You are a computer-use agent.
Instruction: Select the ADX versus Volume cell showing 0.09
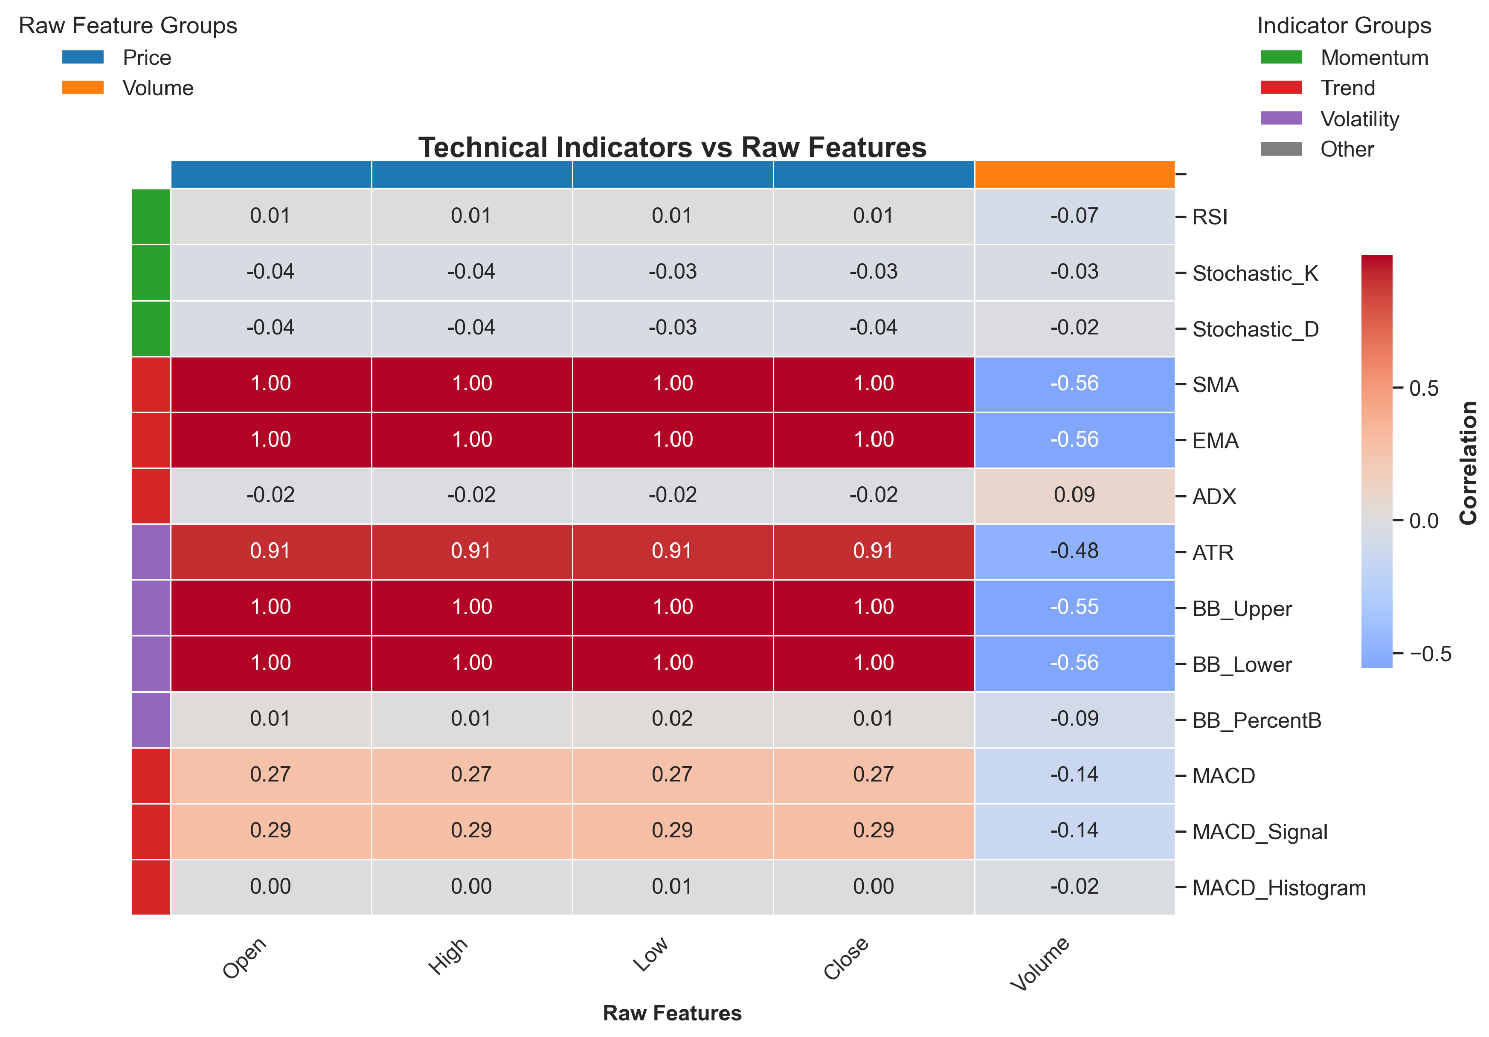(1074, 496)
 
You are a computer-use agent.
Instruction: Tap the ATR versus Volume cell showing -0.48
(1074, 551)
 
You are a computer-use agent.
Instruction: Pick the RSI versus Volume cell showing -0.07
(1074, 216)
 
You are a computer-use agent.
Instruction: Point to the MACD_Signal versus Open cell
(270, 831)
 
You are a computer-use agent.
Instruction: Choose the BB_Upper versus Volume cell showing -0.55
(1074, 607)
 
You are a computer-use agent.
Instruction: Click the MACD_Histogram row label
(1278, 887)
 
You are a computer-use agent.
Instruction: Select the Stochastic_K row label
(1255, 273)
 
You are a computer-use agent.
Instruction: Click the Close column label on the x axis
(846, 958)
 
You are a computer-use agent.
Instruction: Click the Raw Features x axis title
(672, 1013)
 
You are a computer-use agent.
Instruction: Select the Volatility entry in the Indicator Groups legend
(1359, 119)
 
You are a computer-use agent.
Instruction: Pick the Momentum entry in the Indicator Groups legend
(1373, 58)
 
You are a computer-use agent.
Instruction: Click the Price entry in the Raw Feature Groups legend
(147, 58)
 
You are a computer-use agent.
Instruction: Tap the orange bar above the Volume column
(1074, 174)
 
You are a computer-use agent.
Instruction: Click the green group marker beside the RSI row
(151, 216)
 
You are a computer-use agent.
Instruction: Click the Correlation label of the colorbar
(1468, 462)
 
